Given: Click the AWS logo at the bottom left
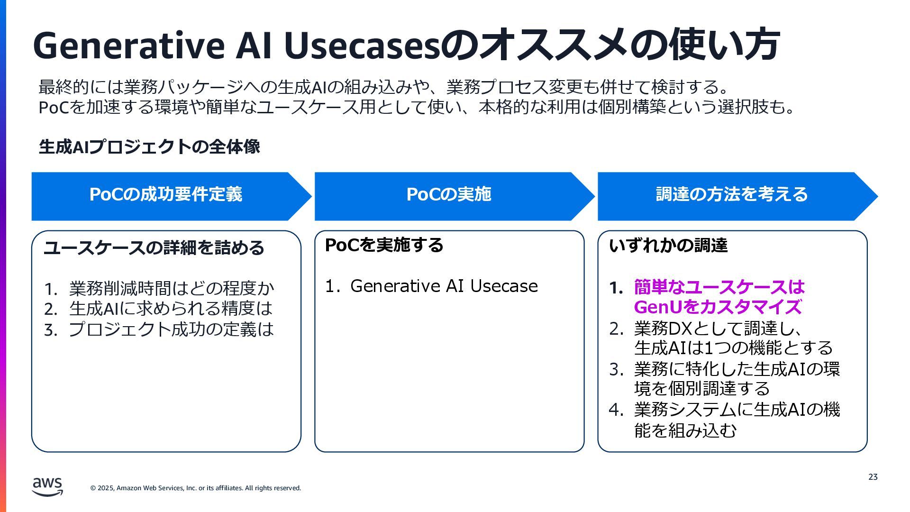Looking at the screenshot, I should pyautogui.click(x=47, y=486).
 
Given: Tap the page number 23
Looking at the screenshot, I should pyautogui.click(x=873, y=477).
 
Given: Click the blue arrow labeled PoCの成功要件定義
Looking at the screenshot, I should pyautogui.click(x=166, y=195).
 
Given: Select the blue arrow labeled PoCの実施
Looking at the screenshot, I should pyautogui.click(x=449, y=195).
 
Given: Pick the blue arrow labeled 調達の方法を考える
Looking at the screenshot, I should pyautogui.click(x=731, y=195).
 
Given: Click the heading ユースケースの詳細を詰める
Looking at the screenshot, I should pyautogui.click(x=154, y=248).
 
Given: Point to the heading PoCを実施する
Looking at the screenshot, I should pyautogui.click(x=384, y=245).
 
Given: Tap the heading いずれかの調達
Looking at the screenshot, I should pyautogui.click(x=668, y=246).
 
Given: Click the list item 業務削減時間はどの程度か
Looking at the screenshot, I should pyautogui.click(x=171, y=288).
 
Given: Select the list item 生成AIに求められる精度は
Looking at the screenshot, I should pyautogui.click(x=171, y=309).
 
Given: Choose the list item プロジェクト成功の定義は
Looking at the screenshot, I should pyautogui.click(x=171, y=329).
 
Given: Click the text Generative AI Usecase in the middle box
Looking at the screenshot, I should pyautogui.click(x=444, y=286).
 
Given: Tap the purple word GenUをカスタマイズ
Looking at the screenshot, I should pyautogui.click(x=718, y=307).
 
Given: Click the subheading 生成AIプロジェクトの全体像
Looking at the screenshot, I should pyautogui.click(x=149, y=147).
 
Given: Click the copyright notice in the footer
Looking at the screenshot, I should pyautogui.click(x=196, y=488).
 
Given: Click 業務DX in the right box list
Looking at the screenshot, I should pyautogui.click(x=664, y=328).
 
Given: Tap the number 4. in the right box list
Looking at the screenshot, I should pyautogui.click(x=616, y=410).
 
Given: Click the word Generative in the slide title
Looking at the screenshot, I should pyautogui.click(x=128, y=46).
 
